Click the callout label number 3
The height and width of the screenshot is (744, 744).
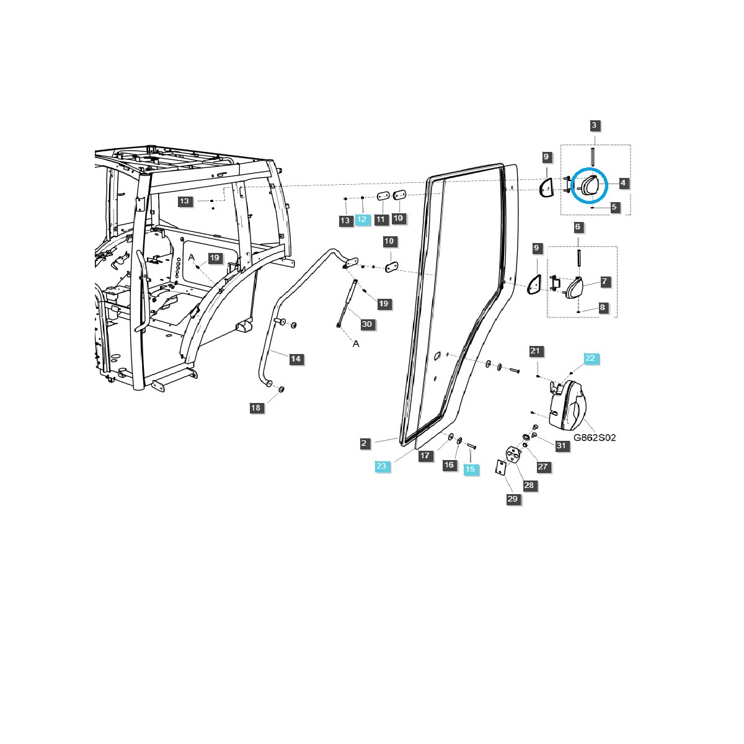point(594,125)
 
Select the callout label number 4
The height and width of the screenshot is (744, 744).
point(622,183)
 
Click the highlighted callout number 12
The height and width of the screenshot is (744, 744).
point(362,219)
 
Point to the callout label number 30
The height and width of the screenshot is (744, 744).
point(366,324)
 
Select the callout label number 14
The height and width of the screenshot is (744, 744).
point(296,359)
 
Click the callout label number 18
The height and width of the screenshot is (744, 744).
point(255,407)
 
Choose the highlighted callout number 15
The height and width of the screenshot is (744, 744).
point(470,469)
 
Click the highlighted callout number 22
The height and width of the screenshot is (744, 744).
point(590,358)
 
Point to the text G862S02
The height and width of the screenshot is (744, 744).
point(595,437)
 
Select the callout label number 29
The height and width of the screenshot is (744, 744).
point(512,499)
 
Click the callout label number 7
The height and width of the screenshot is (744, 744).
point(604,281)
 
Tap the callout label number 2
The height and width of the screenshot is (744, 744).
point(365,443)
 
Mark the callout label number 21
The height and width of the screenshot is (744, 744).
point(535,351)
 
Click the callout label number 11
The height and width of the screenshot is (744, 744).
point(381,219)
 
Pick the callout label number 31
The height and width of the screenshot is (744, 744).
point(561,445)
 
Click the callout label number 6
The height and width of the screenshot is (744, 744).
point(578,227)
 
